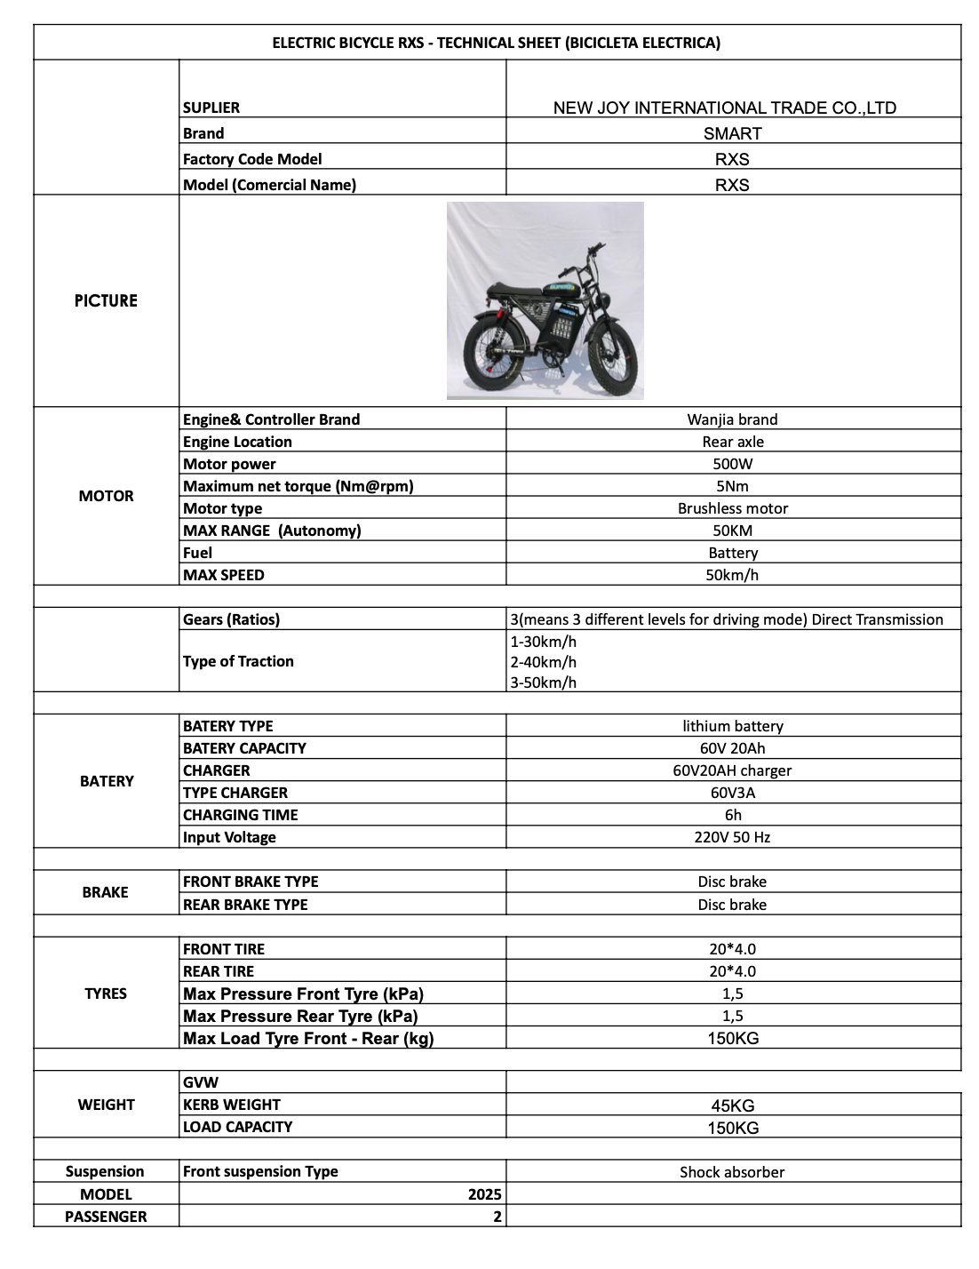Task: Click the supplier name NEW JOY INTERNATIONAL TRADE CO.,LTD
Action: pyautogui.click(x=724, y=108)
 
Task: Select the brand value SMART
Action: pyautogui.click(x=732, y=134)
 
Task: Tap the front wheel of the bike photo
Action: pyautogui.click(x=614, y=359)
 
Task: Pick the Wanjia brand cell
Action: pyautogui.click(x=732, y=419)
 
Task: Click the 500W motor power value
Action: pyautogui.click(x=732, y=464)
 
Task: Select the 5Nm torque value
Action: pyautogui.click(x=732, y=486)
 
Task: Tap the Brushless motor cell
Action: pyautogui.click(x=732, y=508)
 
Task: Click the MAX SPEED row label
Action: pyautogui.click(x=224, y=575)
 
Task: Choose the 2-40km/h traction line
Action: pyautogui.click(x=544, y=662)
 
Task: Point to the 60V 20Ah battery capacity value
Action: pyautogui.click(x=732, y=748)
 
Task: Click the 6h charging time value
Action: pyautogui.click(x=732, y=815)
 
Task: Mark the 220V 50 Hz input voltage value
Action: pyautogui.click(x=732, y=837)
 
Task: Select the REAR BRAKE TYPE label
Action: pyautogui.click(x=245, y=905)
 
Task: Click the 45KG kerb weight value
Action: pyautogui.click(x=732, y=1106)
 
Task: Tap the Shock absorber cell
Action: pyautogui.click(x=732, y=1172)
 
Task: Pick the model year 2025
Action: pyautogui.click(x=485, y=1194)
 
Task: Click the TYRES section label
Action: pyautogui.click(x=106, y=994)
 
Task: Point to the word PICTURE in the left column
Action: pyautogui.click(x=106, y=301)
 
